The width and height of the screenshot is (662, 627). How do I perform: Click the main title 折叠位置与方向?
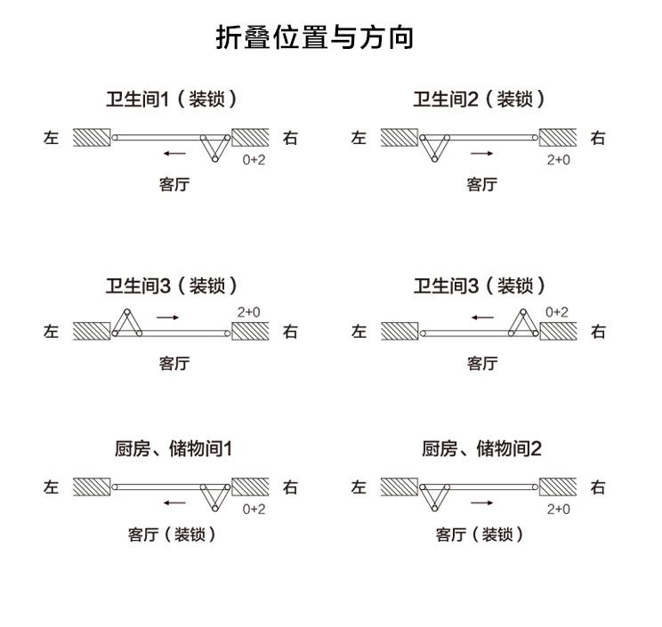[x=314, y=37]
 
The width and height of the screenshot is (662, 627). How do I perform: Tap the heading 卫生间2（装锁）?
[x=479, y=100]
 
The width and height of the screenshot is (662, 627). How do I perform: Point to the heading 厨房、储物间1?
[x=174, y=448]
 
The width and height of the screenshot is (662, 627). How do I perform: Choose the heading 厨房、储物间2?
[x=481, y=448]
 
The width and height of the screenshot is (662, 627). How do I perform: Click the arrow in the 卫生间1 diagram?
[x=174, y=153]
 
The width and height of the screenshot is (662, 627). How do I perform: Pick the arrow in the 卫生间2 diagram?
[x=481, y=153]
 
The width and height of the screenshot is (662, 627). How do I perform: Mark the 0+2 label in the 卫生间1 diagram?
[x=254, y=160]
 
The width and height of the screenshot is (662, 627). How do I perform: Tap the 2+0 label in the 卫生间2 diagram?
[x=558, y=160]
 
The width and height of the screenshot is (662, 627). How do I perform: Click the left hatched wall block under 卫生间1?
[x=92, y=137]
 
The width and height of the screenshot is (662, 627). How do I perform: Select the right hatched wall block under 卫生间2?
[x=558, y=137]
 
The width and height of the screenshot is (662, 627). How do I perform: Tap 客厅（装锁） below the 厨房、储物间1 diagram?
[x=172, y=535]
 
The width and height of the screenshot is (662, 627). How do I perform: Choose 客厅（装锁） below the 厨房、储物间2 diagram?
[x=480, y=535]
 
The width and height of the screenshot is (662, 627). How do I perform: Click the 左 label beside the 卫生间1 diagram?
[x=51, y=138]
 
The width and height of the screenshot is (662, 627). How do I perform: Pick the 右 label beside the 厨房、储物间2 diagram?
[x=598, y=487]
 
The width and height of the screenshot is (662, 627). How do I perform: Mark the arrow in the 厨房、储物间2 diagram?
[x=481, y=502]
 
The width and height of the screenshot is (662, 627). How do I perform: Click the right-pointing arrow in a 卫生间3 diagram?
[x=167, y=318]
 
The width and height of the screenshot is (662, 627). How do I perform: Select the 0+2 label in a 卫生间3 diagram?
[x=556, y=312]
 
